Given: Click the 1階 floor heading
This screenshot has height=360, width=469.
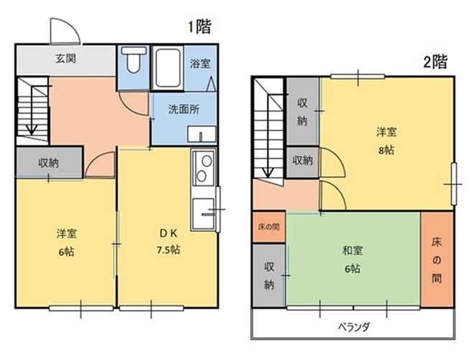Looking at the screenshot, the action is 200,27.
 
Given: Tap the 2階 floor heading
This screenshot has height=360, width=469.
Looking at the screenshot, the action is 435,62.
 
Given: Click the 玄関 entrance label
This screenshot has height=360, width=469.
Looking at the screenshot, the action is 65,58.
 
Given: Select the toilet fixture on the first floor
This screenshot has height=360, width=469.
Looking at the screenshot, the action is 134,60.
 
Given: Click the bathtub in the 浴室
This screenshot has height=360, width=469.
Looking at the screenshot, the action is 168,68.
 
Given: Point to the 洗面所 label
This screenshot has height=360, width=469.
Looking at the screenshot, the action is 184,109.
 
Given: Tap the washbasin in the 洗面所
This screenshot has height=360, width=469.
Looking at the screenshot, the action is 202,134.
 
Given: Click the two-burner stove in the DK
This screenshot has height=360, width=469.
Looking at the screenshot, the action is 204,167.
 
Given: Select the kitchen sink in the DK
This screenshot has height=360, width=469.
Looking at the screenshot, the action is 203,213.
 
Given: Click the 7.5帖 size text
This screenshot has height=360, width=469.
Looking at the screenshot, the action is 168,249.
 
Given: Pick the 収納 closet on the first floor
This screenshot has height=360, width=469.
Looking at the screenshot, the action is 49,162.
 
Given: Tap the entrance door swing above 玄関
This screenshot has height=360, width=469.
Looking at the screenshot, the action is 65,32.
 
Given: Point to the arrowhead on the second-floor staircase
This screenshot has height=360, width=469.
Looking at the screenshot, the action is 268,172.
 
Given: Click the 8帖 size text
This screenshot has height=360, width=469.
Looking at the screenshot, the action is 386,150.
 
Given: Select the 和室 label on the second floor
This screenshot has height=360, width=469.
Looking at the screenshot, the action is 353,250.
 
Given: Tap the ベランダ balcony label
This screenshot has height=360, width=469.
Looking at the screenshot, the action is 354,327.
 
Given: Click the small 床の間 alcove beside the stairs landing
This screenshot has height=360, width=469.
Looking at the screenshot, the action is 269,227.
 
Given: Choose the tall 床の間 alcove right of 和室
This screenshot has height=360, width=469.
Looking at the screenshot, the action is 437,259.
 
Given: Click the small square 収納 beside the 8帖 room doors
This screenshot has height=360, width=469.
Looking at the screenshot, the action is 302,161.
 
